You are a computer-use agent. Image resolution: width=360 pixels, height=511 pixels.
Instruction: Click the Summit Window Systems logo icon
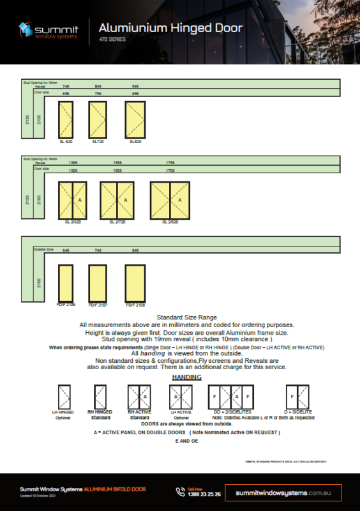pyautogui.click(x=26, y=29)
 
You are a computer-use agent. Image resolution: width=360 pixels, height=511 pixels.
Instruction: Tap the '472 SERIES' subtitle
pyautogui.click(x=113, y=40)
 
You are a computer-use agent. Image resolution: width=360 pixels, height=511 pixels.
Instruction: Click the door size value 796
pyautogui.click(x=98, y=93)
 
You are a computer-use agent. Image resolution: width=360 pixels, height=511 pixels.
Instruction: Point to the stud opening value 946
pyautogui.click(x=135, y=86)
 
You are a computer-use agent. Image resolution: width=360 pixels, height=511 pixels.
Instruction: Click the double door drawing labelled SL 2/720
pyautogui.click(x=117, y=201)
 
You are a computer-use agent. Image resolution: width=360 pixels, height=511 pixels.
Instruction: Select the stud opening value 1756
pyautogui.click(x=170, y=162)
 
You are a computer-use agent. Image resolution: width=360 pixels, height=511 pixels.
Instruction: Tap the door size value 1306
pyautogui.click(x=73, y=171)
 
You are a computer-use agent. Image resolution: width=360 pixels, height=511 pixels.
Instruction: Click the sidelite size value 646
pyautogui.click(x=66, y=250)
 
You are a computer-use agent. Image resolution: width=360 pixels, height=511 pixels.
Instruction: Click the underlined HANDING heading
pyautogui.click(x=187, y=378)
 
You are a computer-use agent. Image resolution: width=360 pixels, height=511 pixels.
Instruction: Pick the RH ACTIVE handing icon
pyautogui.click(x=139, y=396)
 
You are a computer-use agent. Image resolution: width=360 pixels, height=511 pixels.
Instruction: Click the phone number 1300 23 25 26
pyautogui.click(x=205, y=494)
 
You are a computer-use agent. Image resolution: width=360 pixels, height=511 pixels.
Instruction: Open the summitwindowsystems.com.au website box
pyautogui.click(x=287, y=492)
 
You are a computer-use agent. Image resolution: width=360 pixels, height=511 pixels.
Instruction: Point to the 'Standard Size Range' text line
pyautogui.click(x=186, y=317)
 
